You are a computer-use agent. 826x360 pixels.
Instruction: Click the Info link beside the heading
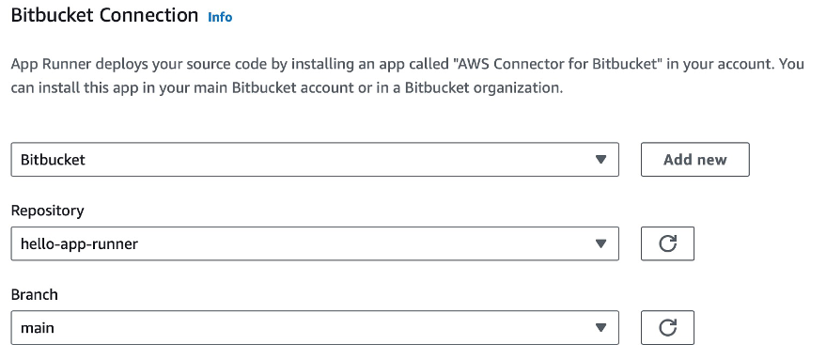(219, 18)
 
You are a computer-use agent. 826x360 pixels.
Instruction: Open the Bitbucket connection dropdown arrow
(601, 160)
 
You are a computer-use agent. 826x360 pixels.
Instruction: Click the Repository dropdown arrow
(601, 244)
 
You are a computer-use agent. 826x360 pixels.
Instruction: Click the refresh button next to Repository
(667, 244)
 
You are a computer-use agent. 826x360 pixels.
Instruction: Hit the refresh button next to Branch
(667, 327)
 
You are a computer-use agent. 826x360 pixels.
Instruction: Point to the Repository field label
(47, 211)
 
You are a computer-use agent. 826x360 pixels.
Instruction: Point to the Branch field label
(34, 294)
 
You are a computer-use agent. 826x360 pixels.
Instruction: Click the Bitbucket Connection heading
(103, 16)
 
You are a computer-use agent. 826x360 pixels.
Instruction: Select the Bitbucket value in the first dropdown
(53, 160)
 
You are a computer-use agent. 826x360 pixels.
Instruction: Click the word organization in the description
(520, 89)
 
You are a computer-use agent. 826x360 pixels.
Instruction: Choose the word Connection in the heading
(150, 16)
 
